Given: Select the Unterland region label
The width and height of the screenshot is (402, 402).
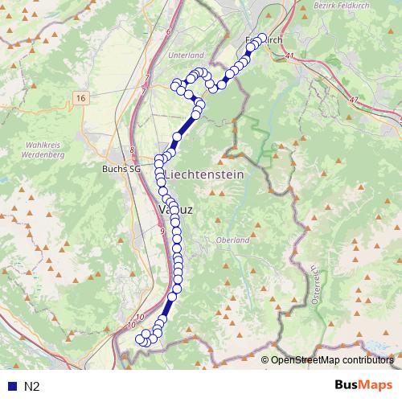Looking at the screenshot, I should [188, 55].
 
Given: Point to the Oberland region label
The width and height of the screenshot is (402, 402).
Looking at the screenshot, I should [233, 240].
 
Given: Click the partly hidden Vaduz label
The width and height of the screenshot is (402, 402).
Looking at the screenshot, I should [178, 208].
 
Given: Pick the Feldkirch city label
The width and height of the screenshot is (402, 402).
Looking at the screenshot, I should [265, 39].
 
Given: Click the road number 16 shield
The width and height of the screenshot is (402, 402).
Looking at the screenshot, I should [80, 97].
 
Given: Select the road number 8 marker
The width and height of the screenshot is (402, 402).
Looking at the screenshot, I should [132, 150].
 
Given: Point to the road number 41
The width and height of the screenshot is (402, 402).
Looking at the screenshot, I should [289, 55].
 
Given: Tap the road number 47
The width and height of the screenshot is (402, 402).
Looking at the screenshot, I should [354, 99].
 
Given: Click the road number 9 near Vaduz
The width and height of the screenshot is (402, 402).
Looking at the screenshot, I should [162, 232].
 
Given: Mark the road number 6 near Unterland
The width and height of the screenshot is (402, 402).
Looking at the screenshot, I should [170, 31].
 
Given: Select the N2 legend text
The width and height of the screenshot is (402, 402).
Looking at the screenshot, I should [32, 387].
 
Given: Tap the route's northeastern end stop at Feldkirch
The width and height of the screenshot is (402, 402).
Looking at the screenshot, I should [260, 38].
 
